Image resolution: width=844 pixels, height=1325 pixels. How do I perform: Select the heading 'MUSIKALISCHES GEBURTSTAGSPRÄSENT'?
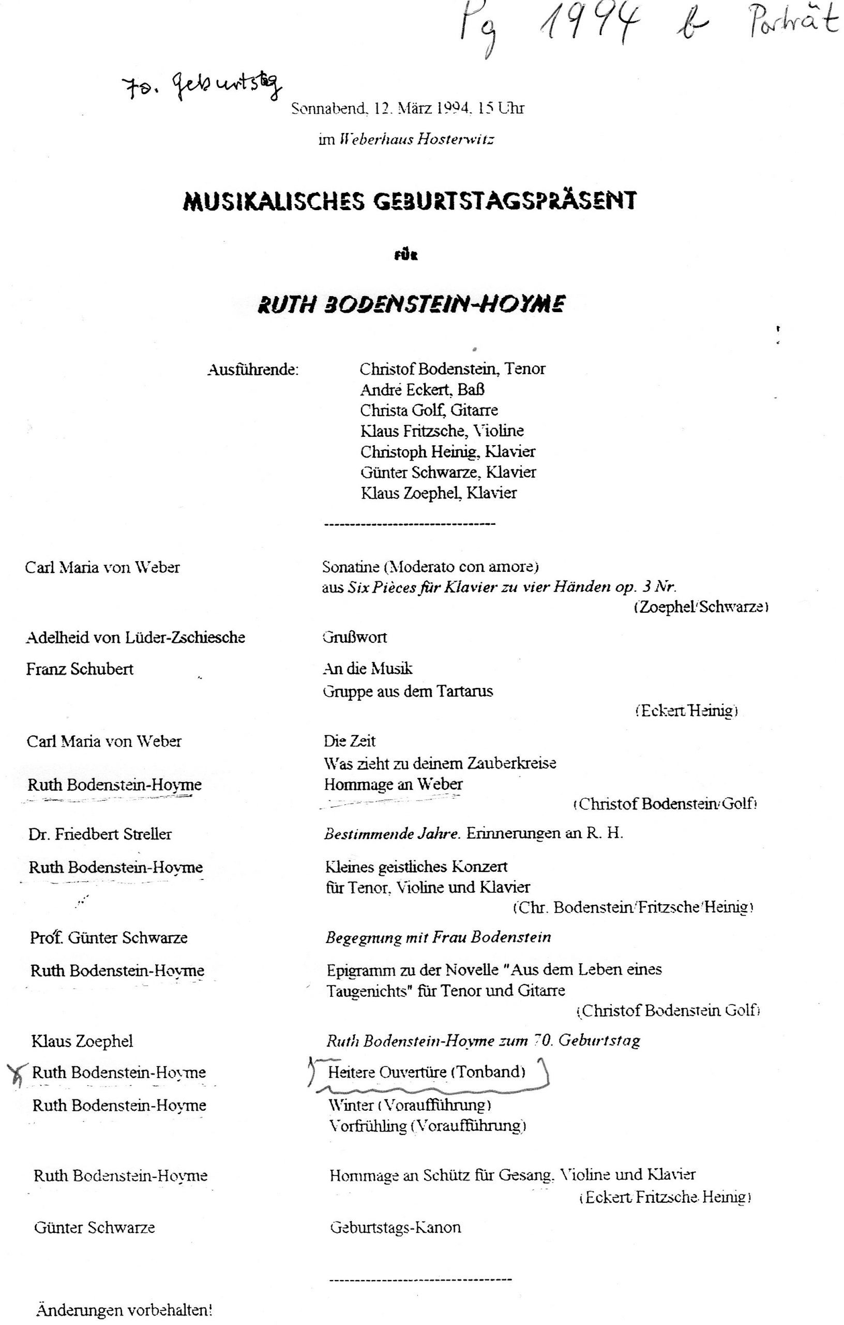click(x=409, y=201)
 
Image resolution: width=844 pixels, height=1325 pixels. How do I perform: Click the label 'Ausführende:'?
click(x=253, y=370)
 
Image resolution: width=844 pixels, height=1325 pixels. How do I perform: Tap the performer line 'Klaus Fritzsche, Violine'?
click(x=442, y=431)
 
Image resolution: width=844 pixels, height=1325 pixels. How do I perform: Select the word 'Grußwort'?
click(x=355, y=637)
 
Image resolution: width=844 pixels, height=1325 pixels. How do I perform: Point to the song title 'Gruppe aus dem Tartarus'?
click(x=408, y=691)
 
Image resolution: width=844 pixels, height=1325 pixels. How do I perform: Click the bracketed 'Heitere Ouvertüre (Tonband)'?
click(x=427, y=1072)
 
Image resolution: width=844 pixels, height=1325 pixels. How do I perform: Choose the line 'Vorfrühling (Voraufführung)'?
click(x=427, y=1126)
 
